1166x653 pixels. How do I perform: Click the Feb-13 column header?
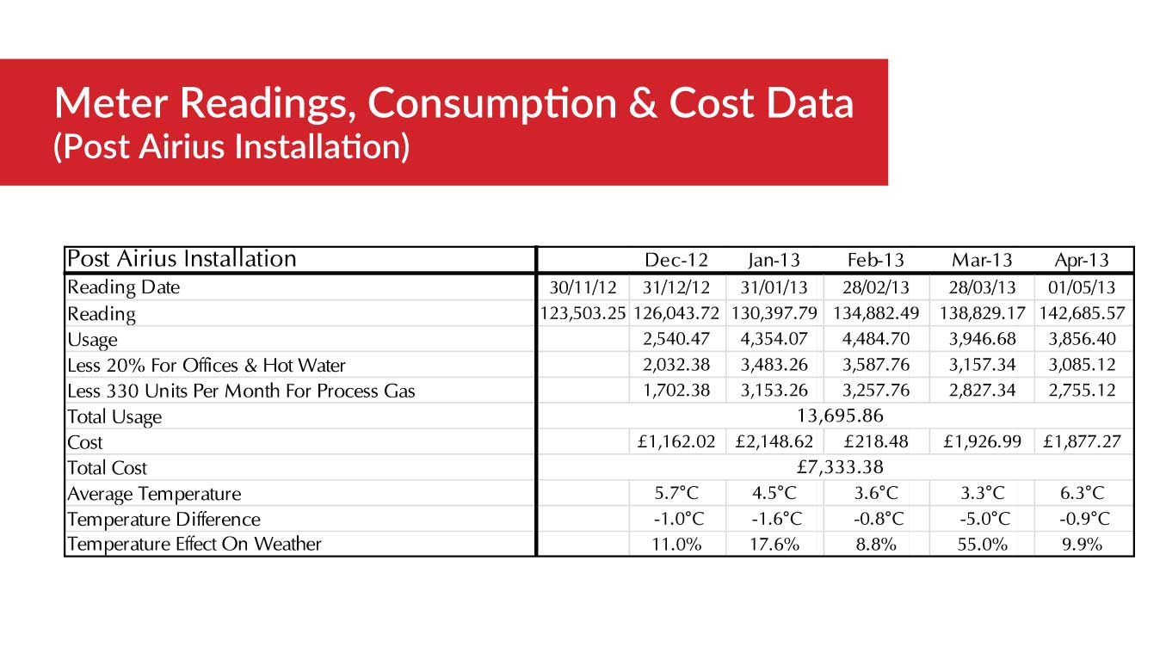[875, 260]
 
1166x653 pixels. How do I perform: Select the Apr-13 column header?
[1082, 260]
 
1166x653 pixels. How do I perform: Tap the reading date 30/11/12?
[583, 287]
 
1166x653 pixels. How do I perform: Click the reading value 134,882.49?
[875, 313]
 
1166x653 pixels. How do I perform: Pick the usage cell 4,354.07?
[774, 339]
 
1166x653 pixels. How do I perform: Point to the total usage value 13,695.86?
[841, 416]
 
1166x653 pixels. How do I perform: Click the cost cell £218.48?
[875, 442]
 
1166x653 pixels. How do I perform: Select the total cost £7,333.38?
[841, 468]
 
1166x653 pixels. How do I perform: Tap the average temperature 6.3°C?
[1082, 494]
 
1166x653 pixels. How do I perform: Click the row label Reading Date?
[124, 287]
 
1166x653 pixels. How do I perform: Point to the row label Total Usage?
[114, 417]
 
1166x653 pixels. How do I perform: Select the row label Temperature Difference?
[163, 520]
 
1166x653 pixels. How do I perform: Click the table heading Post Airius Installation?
[182, 259]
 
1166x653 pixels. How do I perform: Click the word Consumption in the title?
[492, 104]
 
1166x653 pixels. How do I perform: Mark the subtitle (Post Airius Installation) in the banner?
[231, 147]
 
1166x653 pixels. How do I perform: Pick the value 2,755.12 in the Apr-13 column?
[1082, 391]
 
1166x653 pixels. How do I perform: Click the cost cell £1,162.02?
[676, 442]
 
